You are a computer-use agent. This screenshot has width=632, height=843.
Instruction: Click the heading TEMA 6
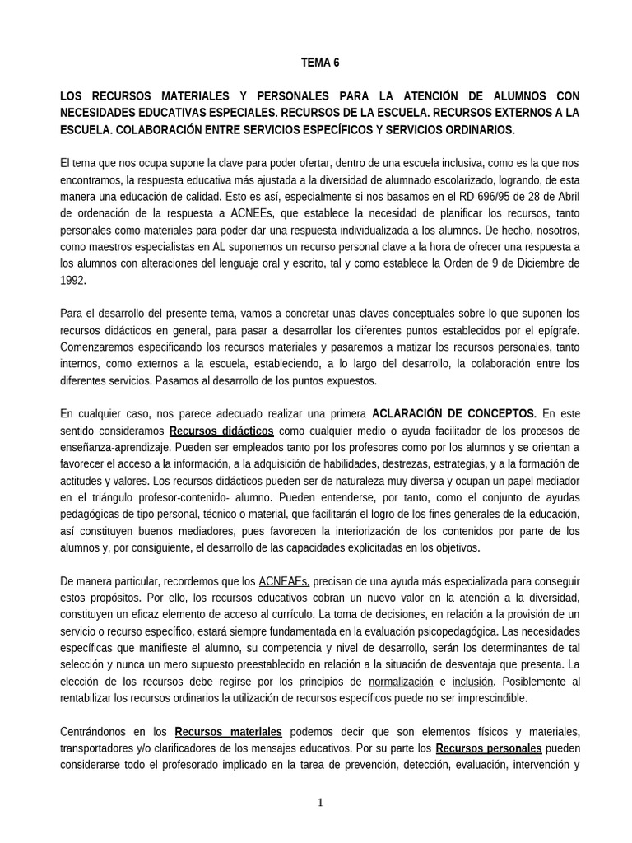[x=320, y=63]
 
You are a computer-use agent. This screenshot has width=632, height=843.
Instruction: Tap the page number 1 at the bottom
[x=320, y=803]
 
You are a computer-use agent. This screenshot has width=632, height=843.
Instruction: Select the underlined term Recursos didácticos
[x=221, y=431]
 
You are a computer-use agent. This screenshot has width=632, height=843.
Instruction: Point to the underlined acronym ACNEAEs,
[x=284, y=581]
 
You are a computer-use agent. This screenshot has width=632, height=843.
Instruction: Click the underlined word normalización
[x=401, y=682]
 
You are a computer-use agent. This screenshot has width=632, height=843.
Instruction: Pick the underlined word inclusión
[x=473, y=682]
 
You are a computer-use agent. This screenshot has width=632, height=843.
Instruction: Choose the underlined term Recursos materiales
[x=229, y=732]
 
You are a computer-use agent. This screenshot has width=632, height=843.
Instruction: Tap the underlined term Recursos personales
[x=489, y=748]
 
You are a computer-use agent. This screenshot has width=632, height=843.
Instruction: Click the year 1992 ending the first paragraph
[x=72, y=280]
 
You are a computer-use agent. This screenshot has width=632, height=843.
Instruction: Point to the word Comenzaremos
[x=99, y=347]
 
